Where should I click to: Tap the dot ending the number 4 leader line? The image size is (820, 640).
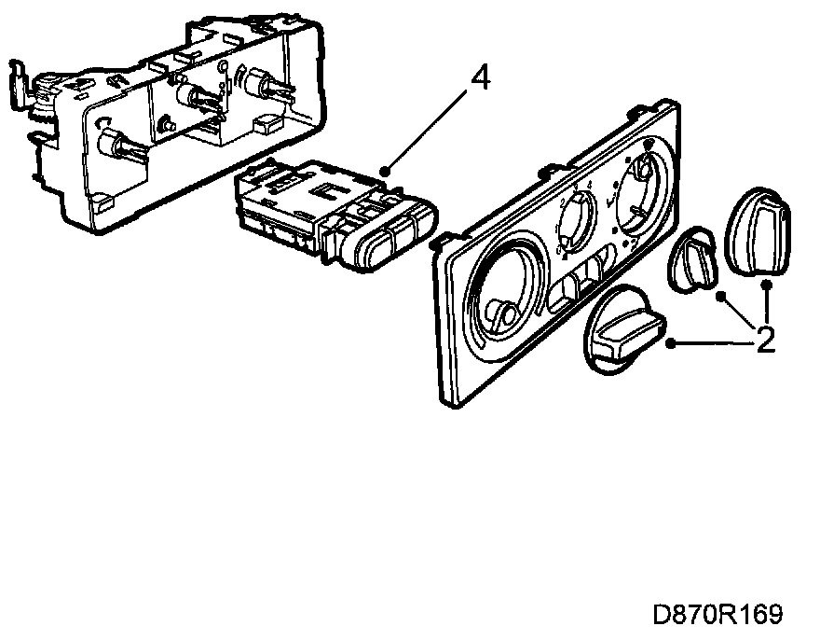(386, 170)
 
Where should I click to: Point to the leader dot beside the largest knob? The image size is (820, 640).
(673, 343)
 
